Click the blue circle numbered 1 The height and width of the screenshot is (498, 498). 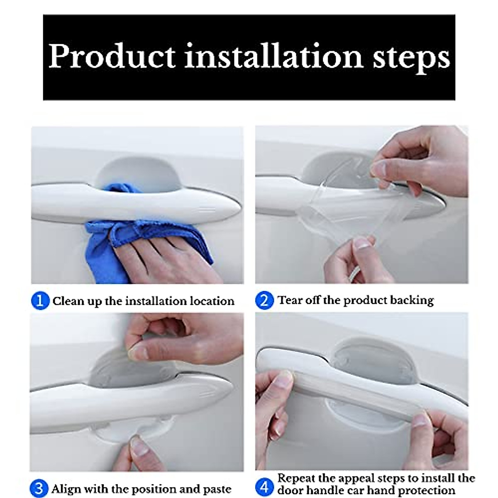(40, 300)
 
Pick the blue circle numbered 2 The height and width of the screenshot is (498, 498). (264, 300)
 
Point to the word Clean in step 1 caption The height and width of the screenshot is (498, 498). (68, 300)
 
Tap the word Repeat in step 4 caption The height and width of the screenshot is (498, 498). (295, 478)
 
